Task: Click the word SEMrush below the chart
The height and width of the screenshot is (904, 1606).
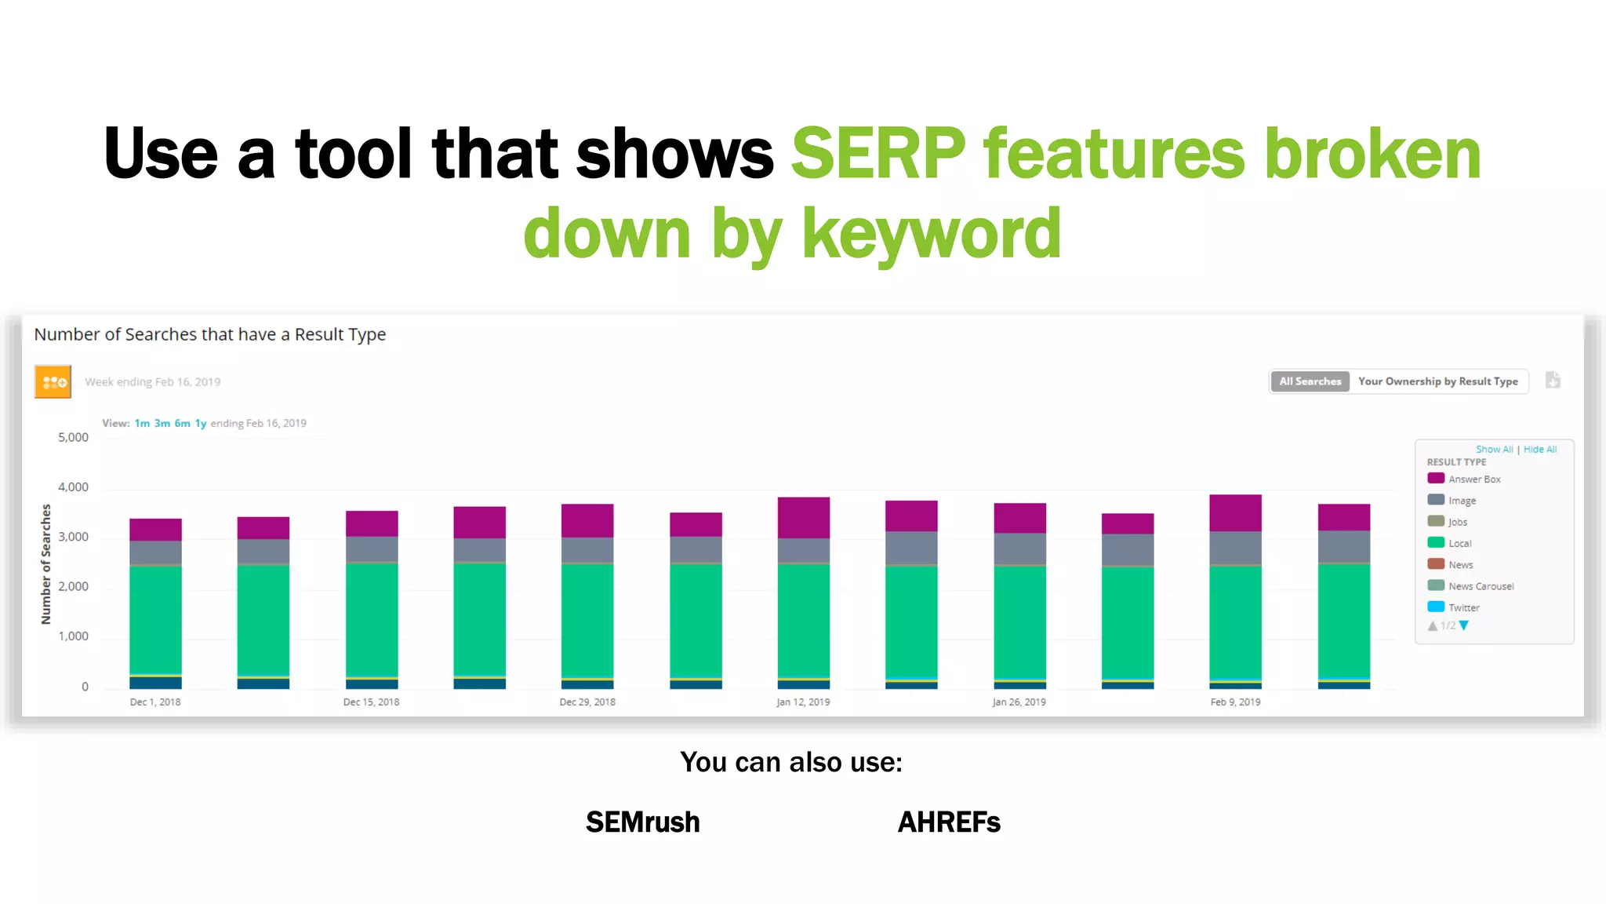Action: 642,822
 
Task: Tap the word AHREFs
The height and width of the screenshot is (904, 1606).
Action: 948,822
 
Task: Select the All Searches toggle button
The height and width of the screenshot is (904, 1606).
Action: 1310,381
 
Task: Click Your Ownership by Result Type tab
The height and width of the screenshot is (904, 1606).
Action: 1437,381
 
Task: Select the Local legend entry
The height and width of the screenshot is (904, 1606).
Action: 1459,543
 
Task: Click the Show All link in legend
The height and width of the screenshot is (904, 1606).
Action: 1494,449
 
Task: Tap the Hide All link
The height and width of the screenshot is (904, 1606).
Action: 1539,449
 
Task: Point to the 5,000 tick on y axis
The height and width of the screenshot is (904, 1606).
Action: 73,437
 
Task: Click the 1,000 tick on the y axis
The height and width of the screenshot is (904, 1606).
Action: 73,636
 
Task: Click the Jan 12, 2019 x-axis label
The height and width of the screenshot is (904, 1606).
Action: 803,702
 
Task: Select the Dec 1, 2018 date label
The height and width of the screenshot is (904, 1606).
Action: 155,702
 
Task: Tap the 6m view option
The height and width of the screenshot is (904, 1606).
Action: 182,423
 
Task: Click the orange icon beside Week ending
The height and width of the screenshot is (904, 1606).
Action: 53,381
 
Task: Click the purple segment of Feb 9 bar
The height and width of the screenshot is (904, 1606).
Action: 1235,512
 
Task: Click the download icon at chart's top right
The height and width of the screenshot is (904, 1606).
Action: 1553,381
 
